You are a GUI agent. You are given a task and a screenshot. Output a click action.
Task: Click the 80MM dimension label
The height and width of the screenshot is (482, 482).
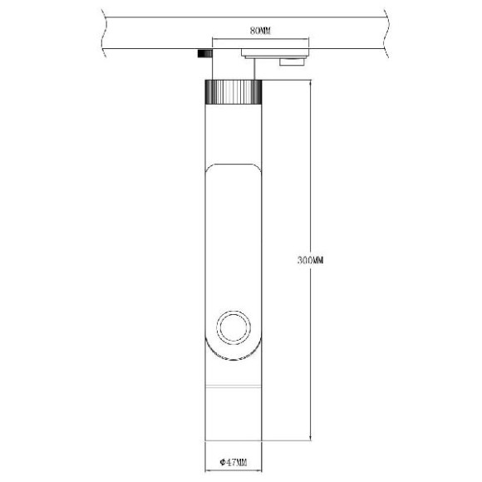(x=260, y=31)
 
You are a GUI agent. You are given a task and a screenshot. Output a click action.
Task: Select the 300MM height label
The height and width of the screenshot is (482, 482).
(x=309, y=260)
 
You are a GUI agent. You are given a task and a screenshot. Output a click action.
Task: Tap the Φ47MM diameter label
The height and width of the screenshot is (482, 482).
(x=234, y=461)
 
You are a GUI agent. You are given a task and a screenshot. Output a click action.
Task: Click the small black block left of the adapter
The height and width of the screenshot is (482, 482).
(x=202, y=54)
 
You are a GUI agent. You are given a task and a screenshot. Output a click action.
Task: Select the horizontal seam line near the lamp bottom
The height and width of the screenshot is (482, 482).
(x=232, y=387)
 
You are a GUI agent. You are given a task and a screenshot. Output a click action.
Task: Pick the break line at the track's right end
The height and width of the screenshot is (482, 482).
(x=386, y=33)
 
